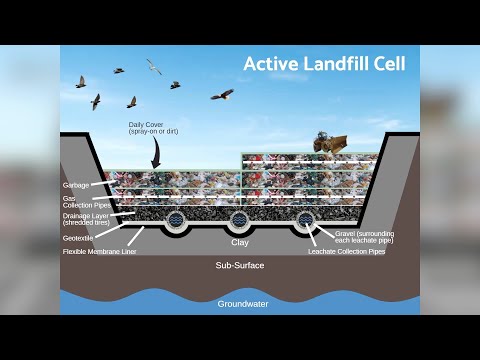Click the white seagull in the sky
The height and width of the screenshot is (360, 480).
click(154, 66)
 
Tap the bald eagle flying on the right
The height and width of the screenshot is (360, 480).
click(222, 95)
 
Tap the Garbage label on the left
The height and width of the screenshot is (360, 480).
click(76, 185)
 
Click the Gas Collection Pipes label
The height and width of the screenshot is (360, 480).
click(82, 200)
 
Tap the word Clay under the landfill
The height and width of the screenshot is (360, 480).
click(239, 242)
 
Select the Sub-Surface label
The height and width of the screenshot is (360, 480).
click(239, 267)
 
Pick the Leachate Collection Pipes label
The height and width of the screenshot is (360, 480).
click(347, 253)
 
